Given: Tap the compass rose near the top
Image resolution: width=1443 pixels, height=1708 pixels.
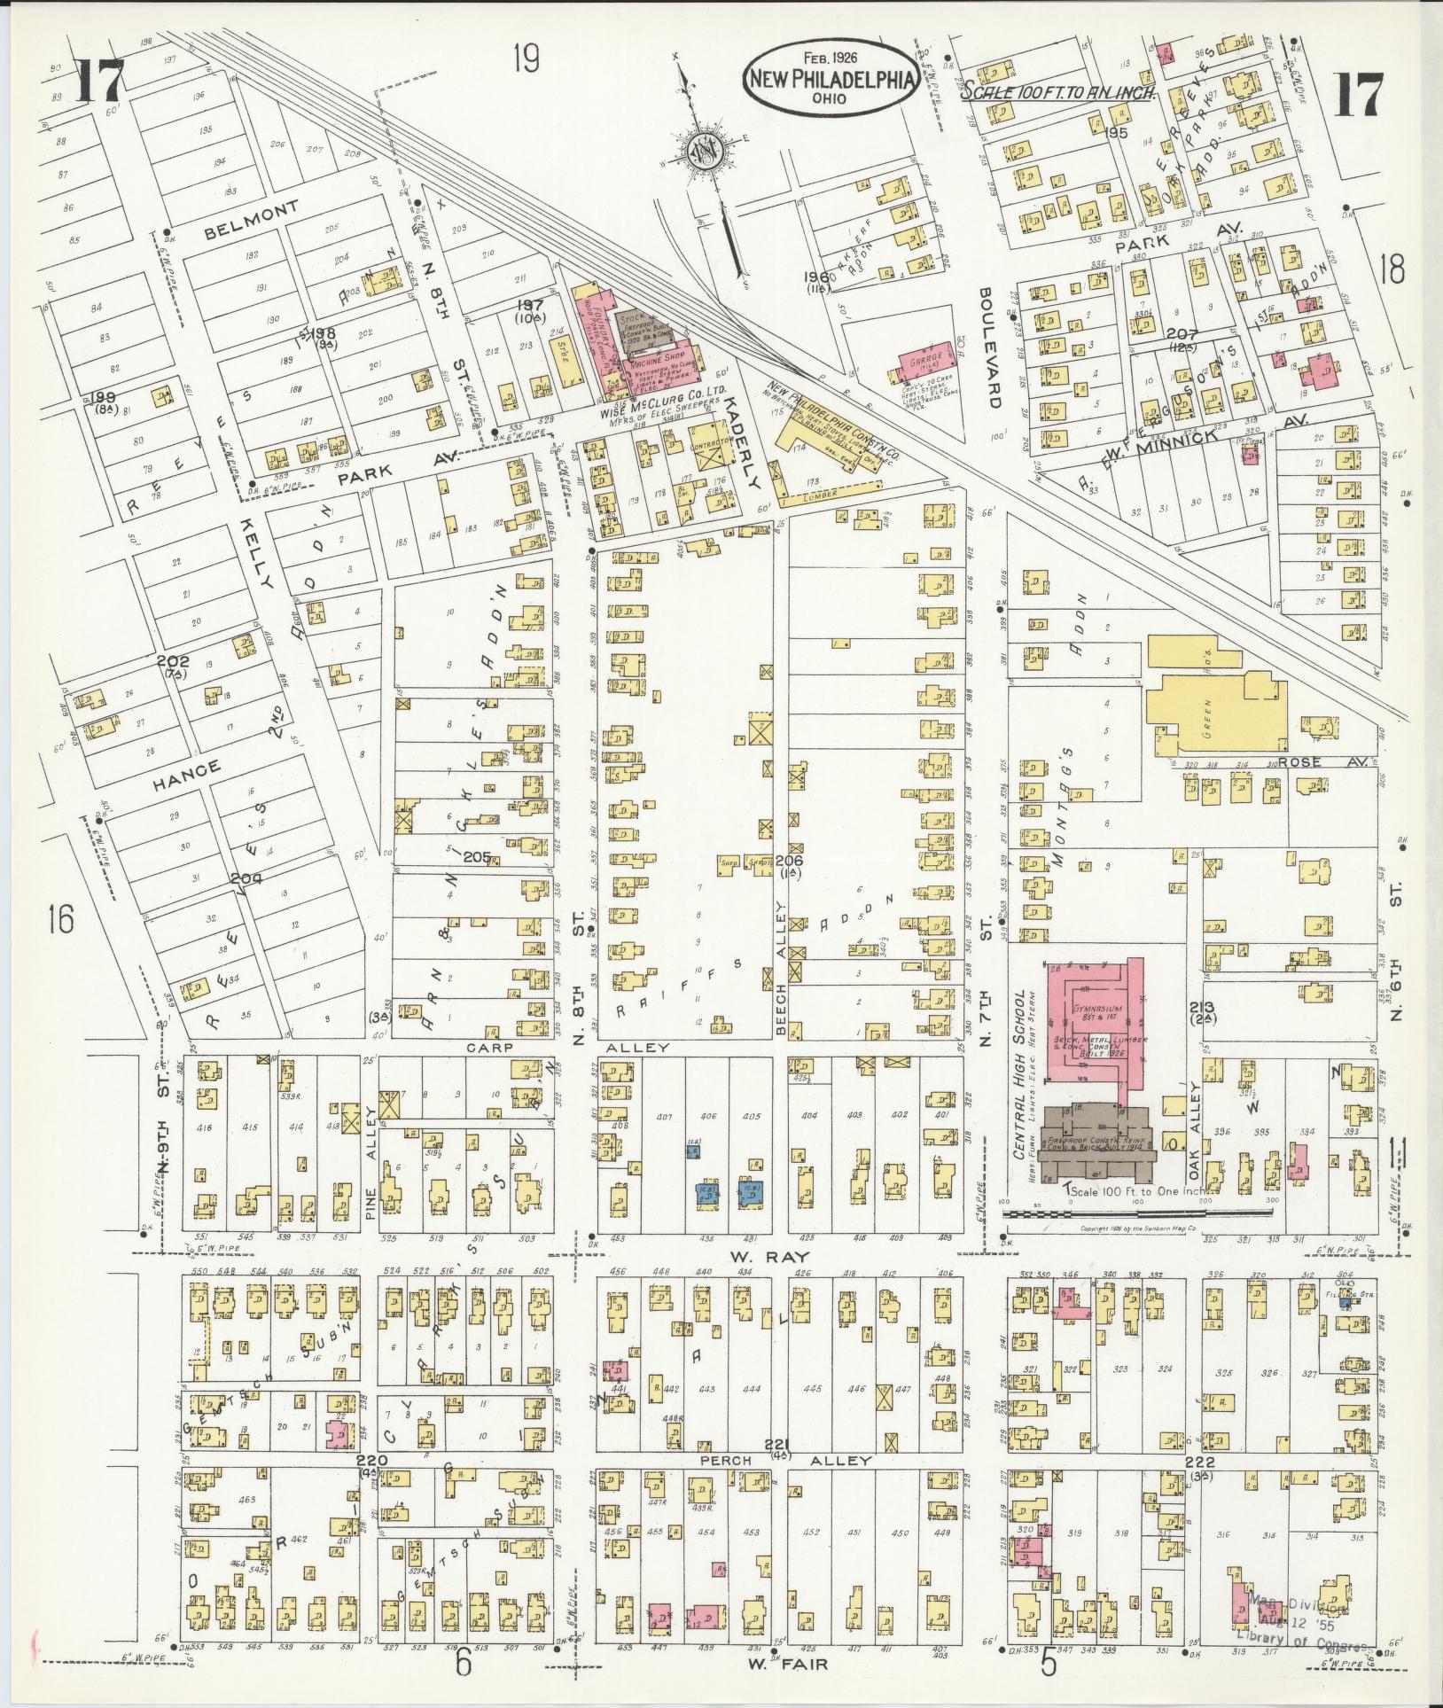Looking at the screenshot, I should (x=706, y=152).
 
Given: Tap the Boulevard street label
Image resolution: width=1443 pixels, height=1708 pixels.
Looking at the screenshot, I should (x=989, y=347).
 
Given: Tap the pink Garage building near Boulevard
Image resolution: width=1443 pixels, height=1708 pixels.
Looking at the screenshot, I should (x=926, y=362).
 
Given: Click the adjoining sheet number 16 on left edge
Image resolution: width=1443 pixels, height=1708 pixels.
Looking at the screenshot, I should (x=61, y=920).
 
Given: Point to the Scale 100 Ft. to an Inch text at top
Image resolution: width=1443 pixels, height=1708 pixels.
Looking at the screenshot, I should (x=1056, y=90).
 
